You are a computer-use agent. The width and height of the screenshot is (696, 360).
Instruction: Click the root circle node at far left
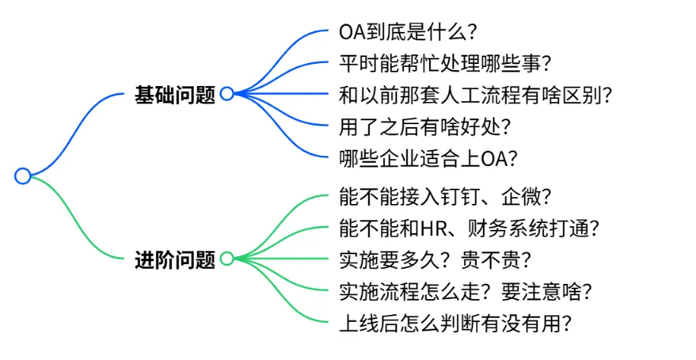23,176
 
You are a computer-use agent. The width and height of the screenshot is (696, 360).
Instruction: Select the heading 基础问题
175,94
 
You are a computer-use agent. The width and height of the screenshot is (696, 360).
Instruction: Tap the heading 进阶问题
175,260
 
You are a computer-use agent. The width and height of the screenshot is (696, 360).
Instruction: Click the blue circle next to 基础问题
227,94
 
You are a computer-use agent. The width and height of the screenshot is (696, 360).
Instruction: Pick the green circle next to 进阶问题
227,258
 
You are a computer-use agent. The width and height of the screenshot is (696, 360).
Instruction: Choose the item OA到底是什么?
408,32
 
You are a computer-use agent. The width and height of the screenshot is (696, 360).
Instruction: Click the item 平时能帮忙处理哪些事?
445,63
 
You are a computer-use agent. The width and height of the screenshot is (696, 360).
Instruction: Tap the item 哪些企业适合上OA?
428,158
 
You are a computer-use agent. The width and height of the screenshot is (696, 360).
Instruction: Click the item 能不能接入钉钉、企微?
445,196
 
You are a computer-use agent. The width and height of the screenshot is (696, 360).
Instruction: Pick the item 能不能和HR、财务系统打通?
469,228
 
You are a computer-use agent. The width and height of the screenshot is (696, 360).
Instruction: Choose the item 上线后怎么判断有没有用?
456,323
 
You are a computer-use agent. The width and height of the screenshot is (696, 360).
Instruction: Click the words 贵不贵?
496,260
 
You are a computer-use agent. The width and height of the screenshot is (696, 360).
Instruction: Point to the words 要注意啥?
546,292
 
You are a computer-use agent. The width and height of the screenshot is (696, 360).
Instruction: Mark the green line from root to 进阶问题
73,218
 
